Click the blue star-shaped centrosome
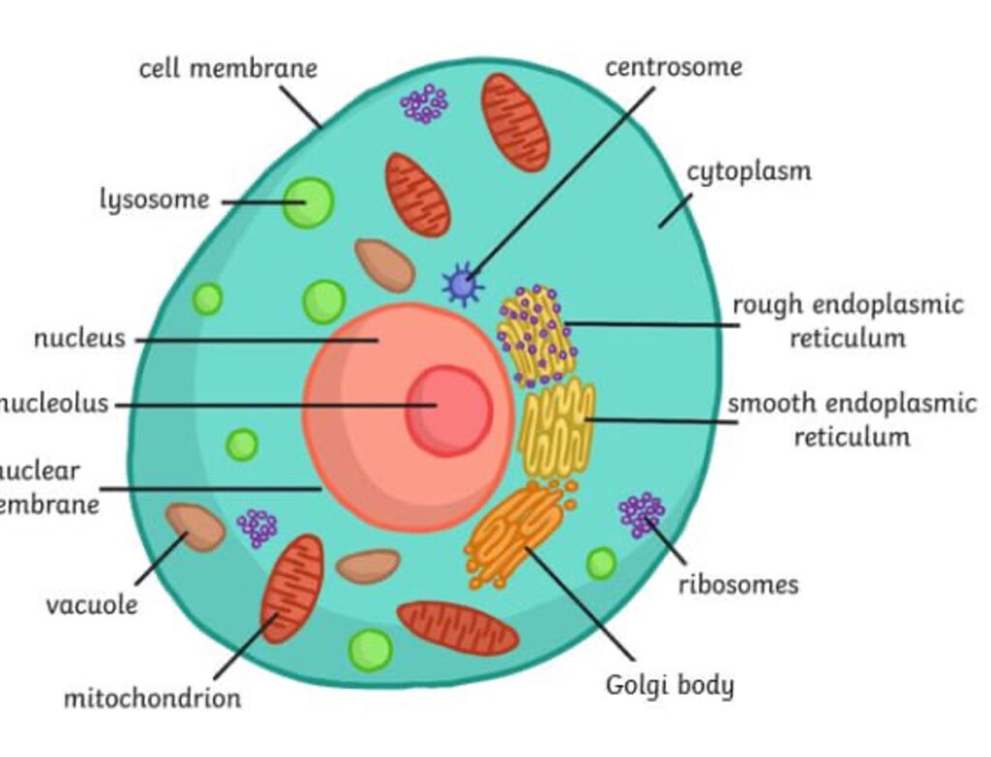pos(463,284)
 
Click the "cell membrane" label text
pos(228,69)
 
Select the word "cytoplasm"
pos(749,172)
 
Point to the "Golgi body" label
pos(670,685)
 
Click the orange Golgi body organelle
pos(515,534)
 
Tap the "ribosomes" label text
pos(738,585)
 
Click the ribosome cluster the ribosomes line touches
pos(641,514)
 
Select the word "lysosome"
pos(155,199)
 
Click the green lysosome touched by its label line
pos(309,203)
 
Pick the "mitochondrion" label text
pos(152,697)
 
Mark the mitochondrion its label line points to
pos(291,588)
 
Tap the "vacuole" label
pos(92,606)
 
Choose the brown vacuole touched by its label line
pos(195,527)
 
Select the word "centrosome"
pos(674,67)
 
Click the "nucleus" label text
pos(79,339)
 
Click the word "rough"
pos(768,305)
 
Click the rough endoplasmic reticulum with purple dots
pos(537,334)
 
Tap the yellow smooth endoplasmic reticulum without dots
pos(557,427)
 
